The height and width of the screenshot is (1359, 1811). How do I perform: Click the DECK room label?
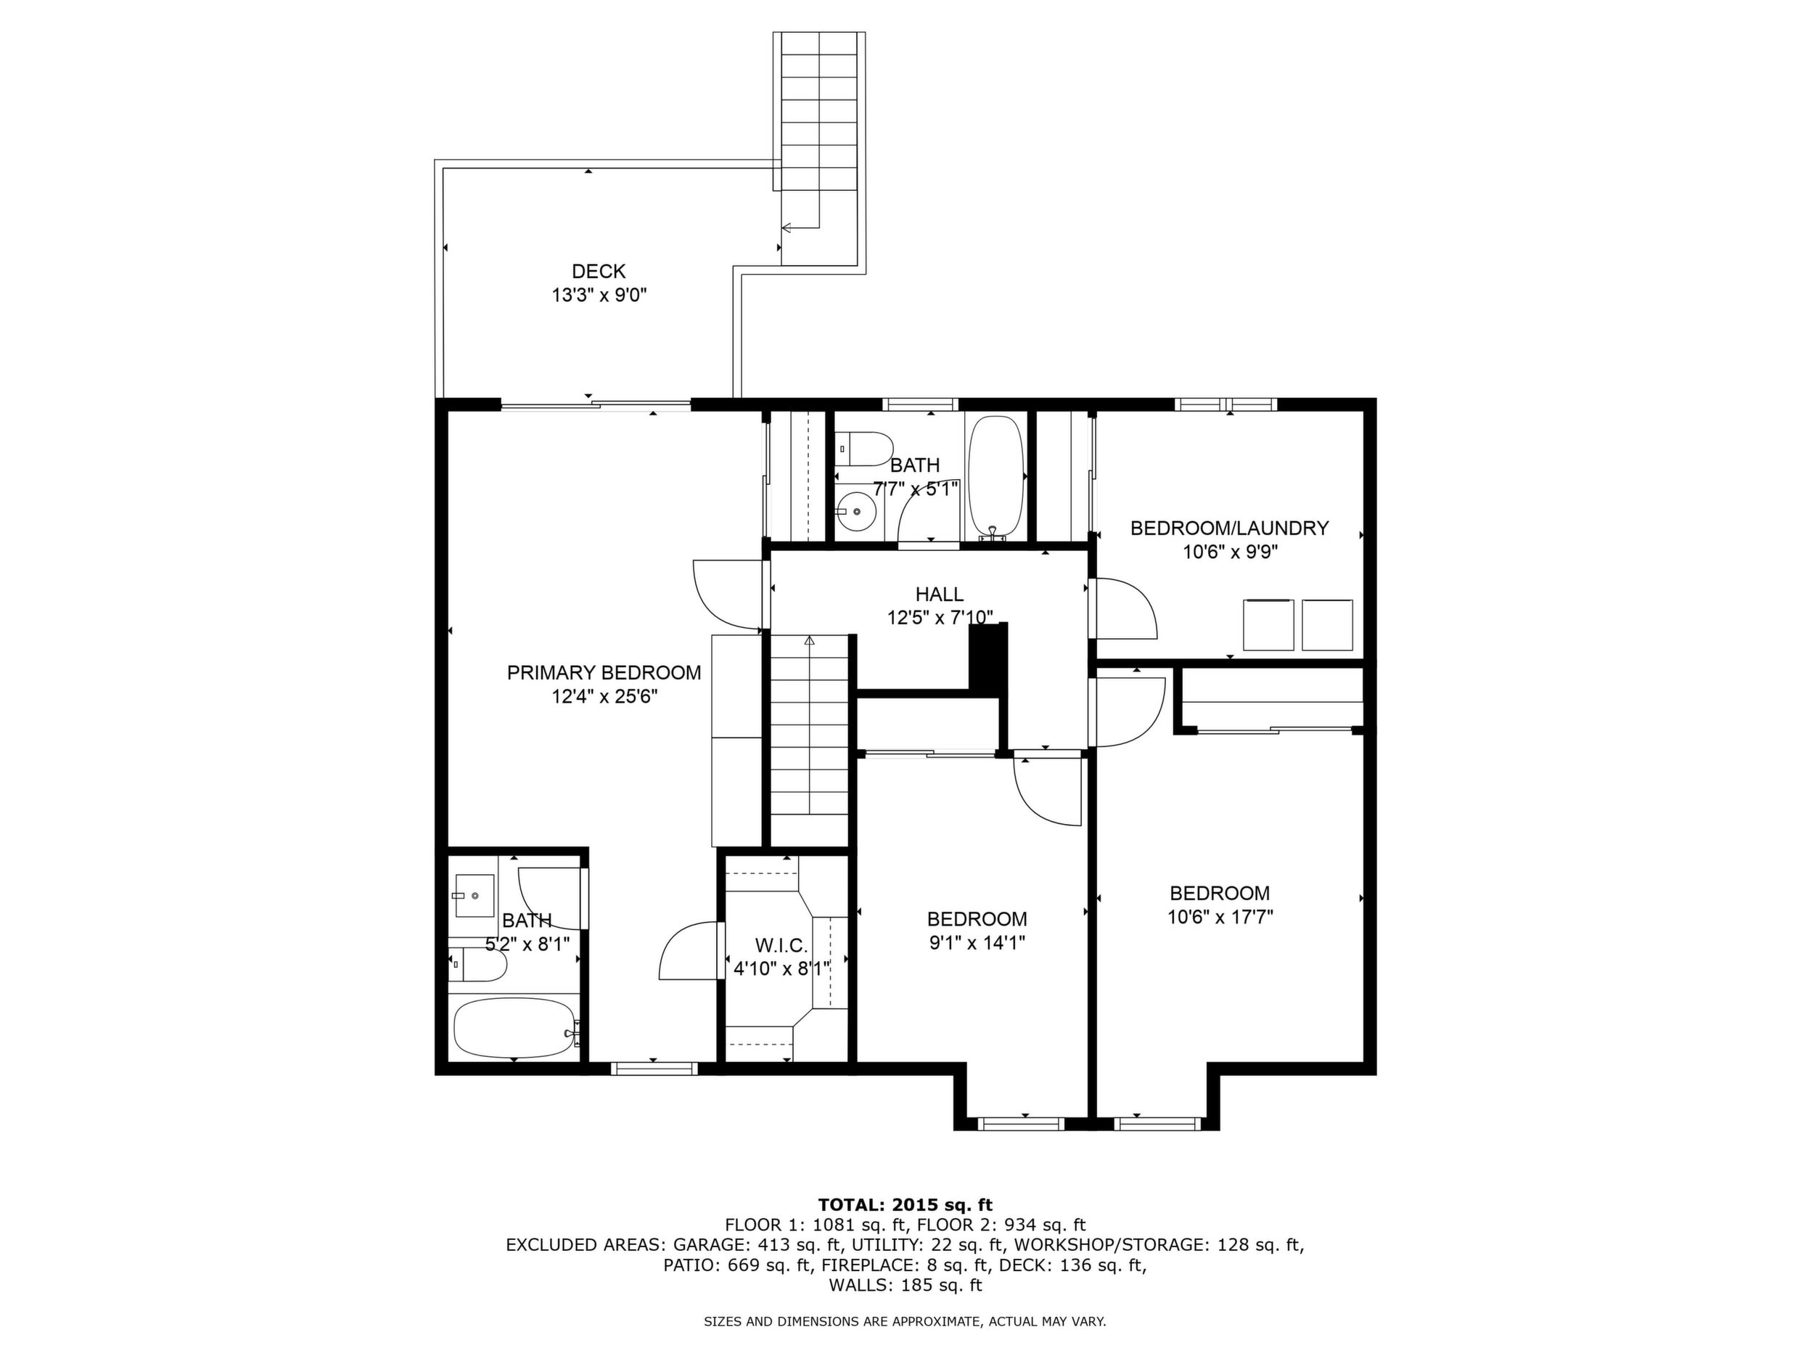pos(599,271)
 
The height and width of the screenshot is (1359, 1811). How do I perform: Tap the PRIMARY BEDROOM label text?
pos(604,672)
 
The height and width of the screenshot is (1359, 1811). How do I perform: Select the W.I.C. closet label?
pos(781,946)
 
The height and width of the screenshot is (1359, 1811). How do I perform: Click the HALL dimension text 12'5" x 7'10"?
pos(940,618)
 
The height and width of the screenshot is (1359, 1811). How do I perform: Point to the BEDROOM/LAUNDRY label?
pos(1230,528)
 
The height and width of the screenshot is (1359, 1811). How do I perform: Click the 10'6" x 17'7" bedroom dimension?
pos(1220,917)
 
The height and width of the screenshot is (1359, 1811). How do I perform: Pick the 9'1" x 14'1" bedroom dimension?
pos(977,943)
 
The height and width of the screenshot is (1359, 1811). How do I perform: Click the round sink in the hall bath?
pos(856,511)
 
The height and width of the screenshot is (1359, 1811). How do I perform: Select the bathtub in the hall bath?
pos(995,478)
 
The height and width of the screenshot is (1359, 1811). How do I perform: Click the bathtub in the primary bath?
pos(516,1027)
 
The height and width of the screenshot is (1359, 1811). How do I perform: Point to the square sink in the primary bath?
pos(474,896)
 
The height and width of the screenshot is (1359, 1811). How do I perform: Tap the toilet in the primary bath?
pos(478,965)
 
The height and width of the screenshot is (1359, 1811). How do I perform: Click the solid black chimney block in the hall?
pos(988,658)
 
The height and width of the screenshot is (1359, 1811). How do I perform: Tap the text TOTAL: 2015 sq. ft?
pos(905,1205)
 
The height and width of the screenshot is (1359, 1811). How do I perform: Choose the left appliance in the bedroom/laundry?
pos(1268,625)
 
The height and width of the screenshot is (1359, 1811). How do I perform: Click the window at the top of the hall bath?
pos(920,404)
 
